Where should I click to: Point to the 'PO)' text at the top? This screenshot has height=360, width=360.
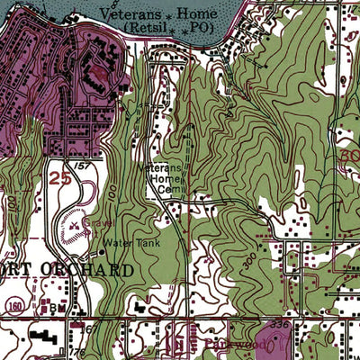pyautogui.click(x=201, y=28)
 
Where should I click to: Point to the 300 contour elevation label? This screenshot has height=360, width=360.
pyautogui.click(x=250, y=258)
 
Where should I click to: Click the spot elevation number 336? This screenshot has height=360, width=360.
pyautogui.click(x=279, y=322)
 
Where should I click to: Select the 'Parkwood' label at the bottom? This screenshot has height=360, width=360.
pyautogui.click(x=236, y=343)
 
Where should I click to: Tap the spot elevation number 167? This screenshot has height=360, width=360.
pyautogui.click(x=89, y=329)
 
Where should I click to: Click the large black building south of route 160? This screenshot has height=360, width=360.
pyautogui.click(x=40, y=341)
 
